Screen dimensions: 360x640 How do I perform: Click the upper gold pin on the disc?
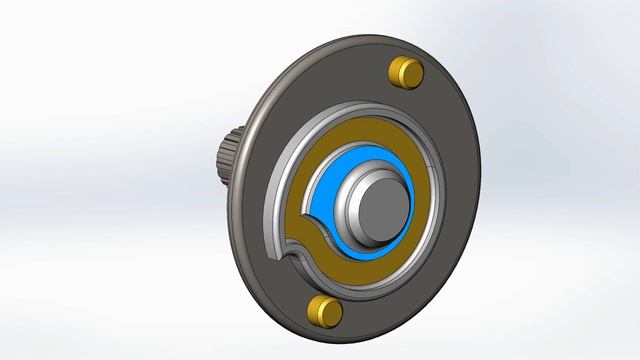pyautogui.click(x=404, y=72)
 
